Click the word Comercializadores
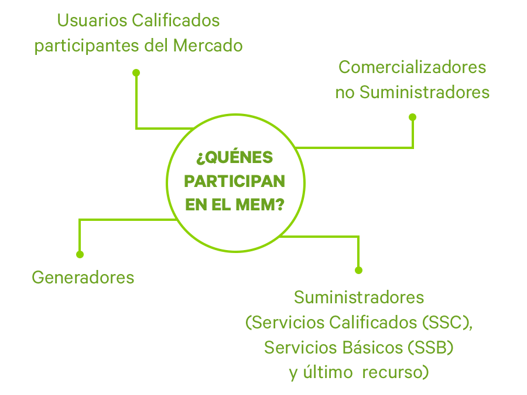412,68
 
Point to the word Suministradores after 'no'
424,92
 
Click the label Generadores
83,277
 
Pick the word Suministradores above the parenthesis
359,297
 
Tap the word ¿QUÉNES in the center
235,158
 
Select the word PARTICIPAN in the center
235,181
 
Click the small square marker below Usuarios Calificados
136,72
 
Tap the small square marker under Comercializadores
412,117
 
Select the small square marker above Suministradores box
359,270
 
